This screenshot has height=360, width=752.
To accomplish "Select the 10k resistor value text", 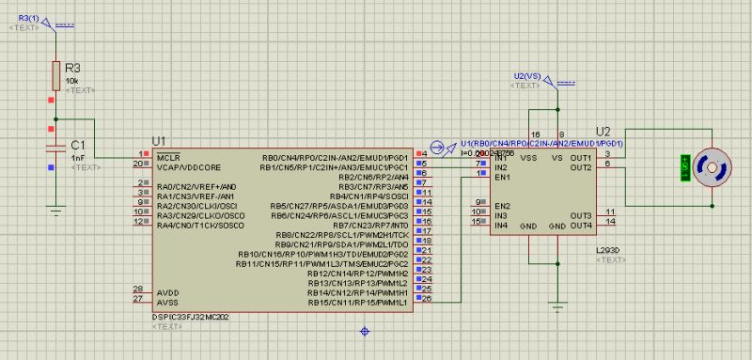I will [x=71, y=81].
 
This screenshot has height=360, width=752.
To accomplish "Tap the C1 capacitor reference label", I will [x=79, y=145].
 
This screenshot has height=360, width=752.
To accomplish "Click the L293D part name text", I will [x=609, y=249].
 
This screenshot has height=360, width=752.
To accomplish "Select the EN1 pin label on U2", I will [x=502, y=176].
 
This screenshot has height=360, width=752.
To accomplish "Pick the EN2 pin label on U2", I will [x=502, y=204].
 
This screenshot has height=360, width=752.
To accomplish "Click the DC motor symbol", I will [x=713, y=164].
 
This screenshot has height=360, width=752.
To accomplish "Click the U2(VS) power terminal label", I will [x=527, y=75].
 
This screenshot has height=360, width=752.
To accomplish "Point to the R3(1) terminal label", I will [x=30, y=19].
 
